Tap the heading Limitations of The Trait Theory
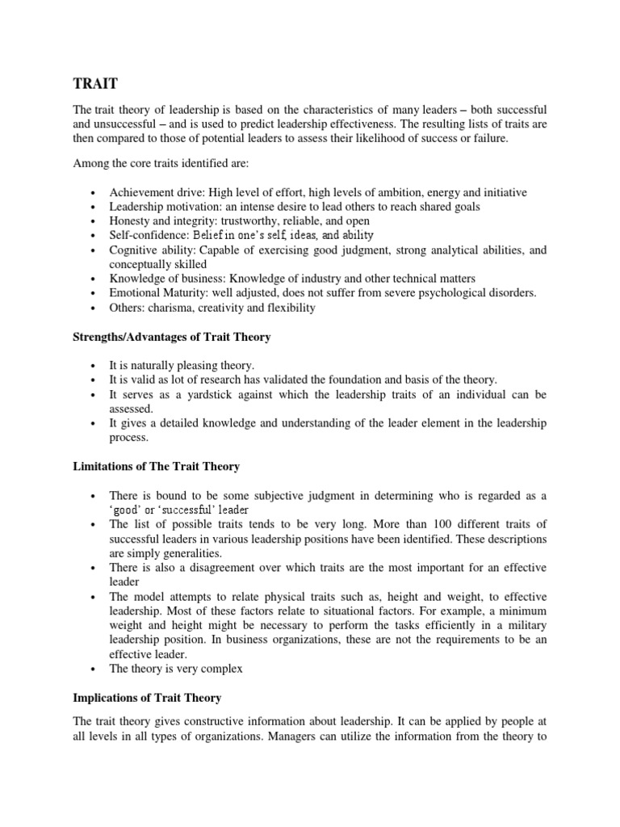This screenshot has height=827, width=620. [156, 467]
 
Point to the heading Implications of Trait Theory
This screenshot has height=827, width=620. [147, 697]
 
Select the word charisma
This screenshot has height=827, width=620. [173, 308]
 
